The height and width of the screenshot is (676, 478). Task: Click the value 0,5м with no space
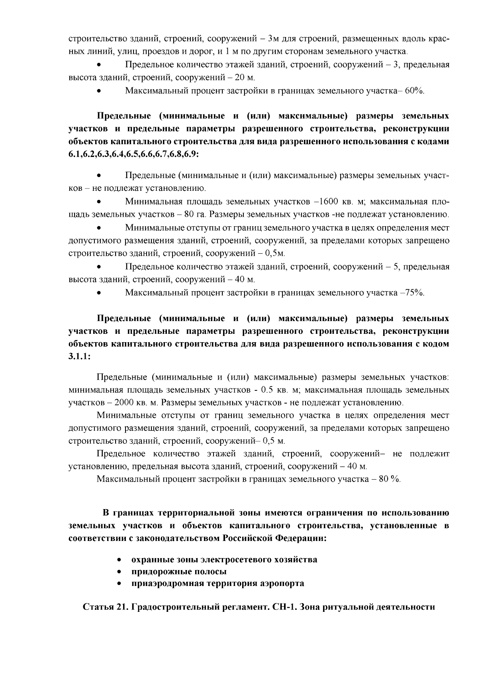(x=275, y=253)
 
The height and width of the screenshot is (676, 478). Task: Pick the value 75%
(x=414, y=293)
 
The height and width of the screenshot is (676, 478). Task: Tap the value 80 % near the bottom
(x=389, y=478)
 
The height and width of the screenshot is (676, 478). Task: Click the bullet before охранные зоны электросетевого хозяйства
(x=119, y=560)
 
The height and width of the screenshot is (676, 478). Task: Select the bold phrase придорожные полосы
(x=179, y=572)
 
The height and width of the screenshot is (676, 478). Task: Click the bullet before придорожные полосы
(x=119, y=572)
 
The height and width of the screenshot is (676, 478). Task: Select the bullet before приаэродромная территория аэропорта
(x=119, y=584)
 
